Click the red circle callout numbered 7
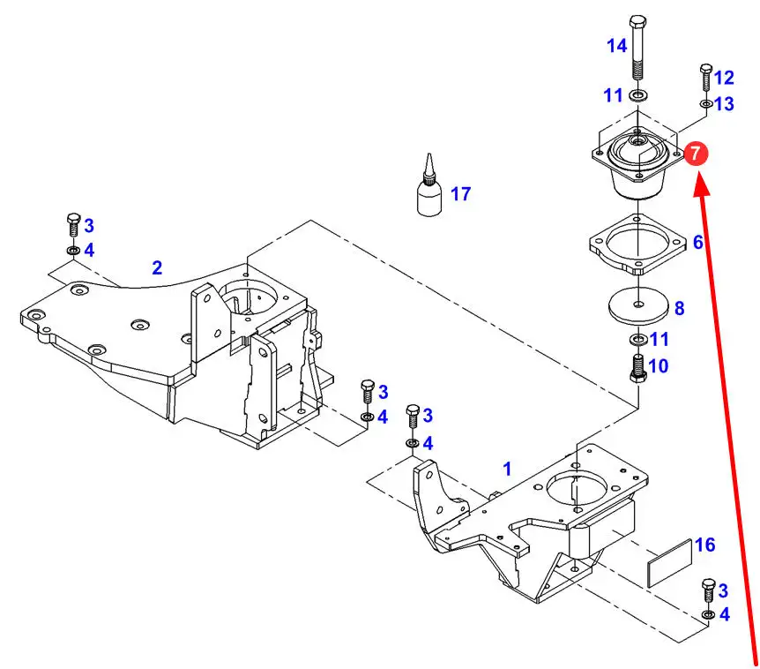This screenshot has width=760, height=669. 696,154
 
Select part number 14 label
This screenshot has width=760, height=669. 616,45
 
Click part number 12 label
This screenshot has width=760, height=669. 724,78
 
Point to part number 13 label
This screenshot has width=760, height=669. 724,104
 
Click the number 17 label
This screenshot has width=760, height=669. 461,193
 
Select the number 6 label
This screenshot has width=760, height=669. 697,241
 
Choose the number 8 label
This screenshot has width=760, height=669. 678,309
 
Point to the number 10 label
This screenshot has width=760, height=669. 659,365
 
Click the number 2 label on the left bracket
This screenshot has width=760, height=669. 157,267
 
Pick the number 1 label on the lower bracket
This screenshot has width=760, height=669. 507,467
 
